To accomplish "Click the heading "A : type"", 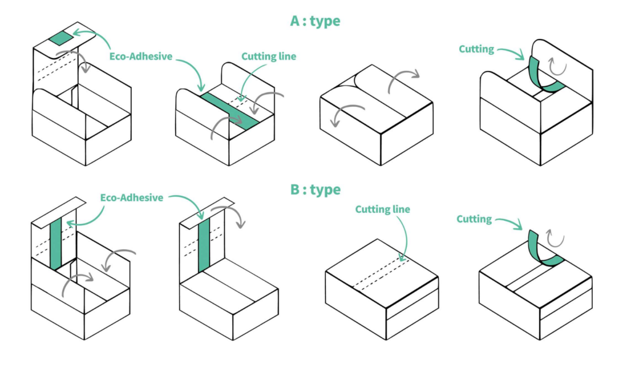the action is click(x=315, y=20).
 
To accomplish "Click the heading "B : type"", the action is click(x=315, y=189).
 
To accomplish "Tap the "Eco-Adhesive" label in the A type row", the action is click(x=141, y=56).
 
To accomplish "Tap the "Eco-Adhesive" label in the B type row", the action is click(x=132, y=197).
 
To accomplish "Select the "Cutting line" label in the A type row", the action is click(x=269, y=56).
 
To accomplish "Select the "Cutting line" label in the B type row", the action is click(x=382, y=209).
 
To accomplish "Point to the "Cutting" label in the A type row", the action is click(x=476, y=49).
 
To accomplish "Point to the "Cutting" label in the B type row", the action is click(x=474, y=219).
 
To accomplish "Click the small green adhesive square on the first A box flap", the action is click(x=62, y=39).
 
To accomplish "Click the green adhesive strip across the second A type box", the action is click(x=230, y=111).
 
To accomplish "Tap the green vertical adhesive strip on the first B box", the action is click(x=56, y=243).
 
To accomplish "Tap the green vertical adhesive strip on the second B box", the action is click(x=204, y=245).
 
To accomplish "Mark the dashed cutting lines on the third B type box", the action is click(x=381, y=274).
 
